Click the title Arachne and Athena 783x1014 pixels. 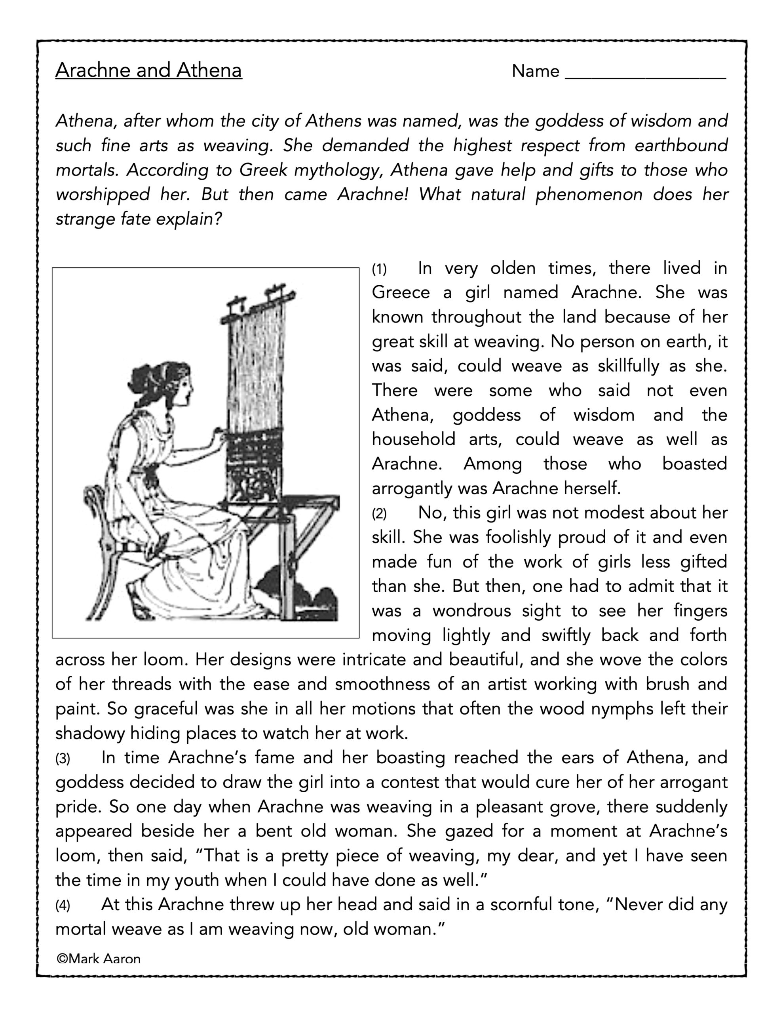click(148, 71)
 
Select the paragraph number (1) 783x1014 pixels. click(379, 269)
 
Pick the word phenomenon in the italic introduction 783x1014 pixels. click(589, 194)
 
